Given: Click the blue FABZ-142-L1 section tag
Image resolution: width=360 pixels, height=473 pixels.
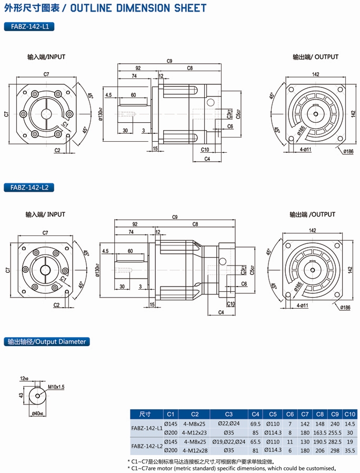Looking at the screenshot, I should pyautogui.click(x=29, y=26).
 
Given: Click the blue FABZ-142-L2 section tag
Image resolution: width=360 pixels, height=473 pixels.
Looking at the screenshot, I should pyautogui.click(x=29, y=187).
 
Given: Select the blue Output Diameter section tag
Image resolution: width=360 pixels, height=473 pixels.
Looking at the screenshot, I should pyautogui.click(x=46, y=341).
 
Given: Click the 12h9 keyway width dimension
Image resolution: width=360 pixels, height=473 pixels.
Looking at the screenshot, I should pyautogui.click(x=24, y=378).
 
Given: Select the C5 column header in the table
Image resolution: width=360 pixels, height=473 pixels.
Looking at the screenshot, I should pyautogui.click(x=272, y=413).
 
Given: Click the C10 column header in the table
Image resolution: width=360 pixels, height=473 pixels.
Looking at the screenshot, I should pyautogui.click(x=349, y=413).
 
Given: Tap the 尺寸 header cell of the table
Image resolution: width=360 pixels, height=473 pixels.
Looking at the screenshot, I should pyautogui.click(x=145, y=413).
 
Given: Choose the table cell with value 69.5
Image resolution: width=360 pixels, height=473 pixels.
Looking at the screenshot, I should pyautogui.click(x=255, y=423).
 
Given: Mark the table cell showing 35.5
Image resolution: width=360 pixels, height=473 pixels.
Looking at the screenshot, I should pyautogui.click(x=349, y=450).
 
